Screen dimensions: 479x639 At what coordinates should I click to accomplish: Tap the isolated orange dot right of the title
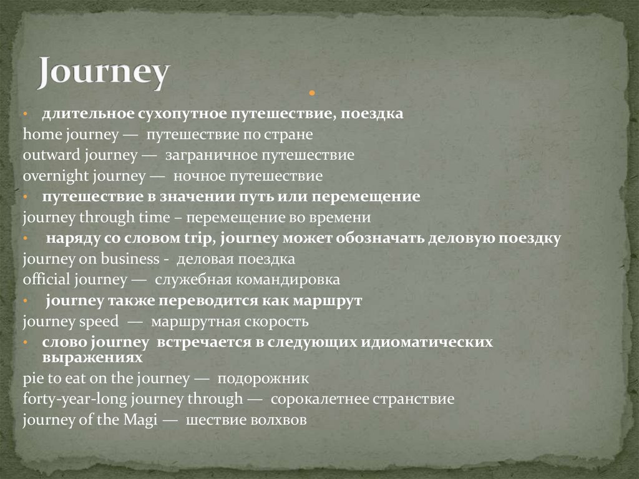pos(310,94)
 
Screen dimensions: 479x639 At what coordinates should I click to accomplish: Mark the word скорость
pos(276,322)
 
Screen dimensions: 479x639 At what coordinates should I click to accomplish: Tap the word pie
pos(31,378)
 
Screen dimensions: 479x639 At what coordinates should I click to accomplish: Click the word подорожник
pos(263,378)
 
